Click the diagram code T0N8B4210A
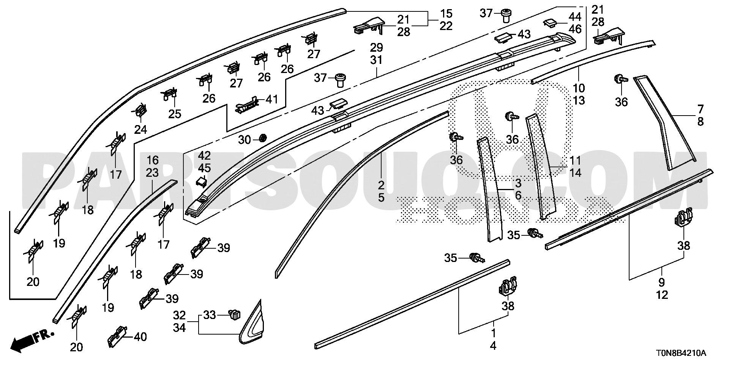pyautogui.click(x=680, y=354)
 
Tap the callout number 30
pyautogui.click(x=245, y=140)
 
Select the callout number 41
pyautogui.click(x=272, y=100)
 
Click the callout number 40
pyautogui.click(x=140, y=336)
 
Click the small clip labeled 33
pyautogui.click(x=235, y=314)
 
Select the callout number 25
pyautogui.click(x=175, y=114)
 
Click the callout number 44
pyautogui.click(x=575, y=16)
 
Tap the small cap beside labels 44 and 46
pyautogui.click(x=549, y=24)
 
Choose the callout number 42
pyautogui.click(x=204, y=156)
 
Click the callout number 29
pyautogui.click(x=376, y=48)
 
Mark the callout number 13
pyautogui.click(x=579, y=101)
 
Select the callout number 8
pyautogui.click(x=700, y=122)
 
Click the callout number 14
pyautogui.click(x=575, y=173)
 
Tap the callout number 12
pyautogui.click(x=662, y=295)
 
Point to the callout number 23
pyautogui.click(x=152, y=173)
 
